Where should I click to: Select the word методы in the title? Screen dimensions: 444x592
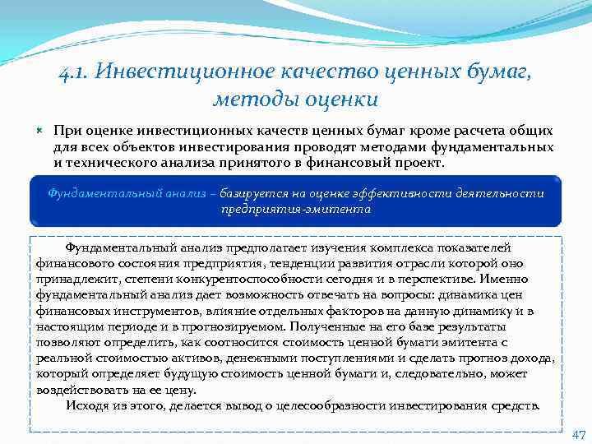(x=242, y=99)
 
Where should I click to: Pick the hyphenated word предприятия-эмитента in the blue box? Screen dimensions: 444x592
(x=296, y=209)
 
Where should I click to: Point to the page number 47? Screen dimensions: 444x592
(x=577, y=434)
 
